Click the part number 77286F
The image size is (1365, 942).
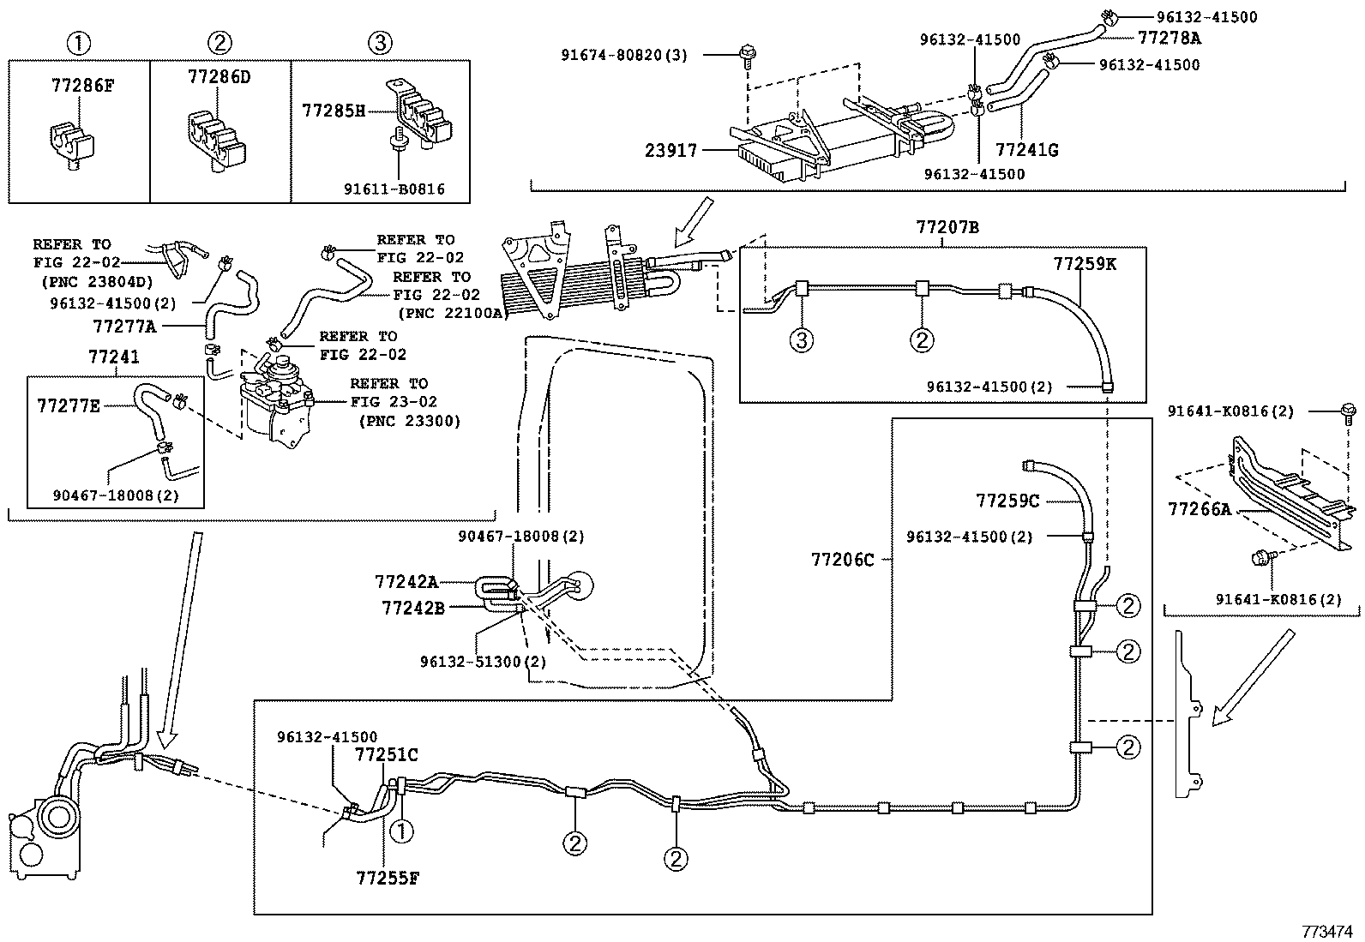82,86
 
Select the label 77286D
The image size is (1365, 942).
219,77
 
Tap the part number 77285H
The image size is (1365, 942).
334,111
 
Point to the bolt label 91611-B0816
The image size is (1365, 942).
394,189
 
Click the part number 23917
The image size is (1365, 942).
670,150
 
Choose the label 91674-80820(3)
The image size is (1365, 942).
624,56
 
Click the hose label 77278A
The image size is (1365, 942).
1170,39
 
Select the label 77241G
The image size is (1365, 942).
1027,149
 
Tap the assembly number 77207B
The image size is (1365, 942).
947,227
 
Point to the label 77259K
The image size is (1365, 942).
1085,264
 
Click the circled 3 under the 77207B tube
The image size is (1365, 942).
802,340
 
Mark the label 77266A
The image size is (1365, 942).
1200,509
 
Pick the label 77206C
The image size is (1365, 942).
842,560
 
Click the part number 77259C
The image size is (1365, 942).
1007,501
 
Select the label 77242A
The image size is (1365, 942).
406,583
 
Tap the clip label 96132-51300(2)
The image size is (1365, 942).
484,662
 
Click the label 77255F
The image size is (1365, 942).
388,878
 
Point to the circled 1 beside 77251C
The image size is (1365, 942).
401,831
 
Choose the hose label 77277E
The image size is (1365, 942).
69,405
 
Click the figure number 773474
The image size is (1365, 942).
1326,931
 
